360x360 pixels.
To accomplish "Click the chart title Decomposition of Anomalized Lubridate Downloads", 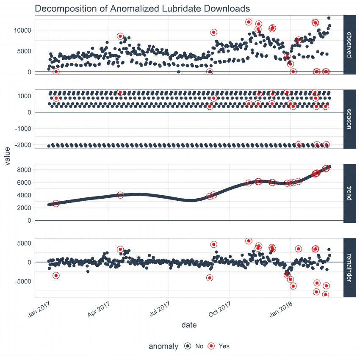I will [142, 8].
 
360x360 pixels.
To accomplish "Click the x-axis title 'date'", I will [189, 325].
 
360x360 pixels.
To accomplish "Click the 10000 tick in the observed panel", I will [22, 30].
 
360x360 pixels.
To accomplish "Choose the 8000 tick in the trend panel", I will [25, 170].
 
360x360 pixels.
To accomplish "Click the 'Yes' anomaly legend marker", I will [211, 346].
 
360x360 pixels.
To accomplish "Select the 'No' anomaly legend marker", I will [188, 346].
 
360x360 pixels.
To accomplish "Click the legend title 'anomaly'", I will [163, 346].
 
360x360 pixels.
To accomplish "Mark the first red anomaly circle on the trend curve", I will [56, 203].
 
